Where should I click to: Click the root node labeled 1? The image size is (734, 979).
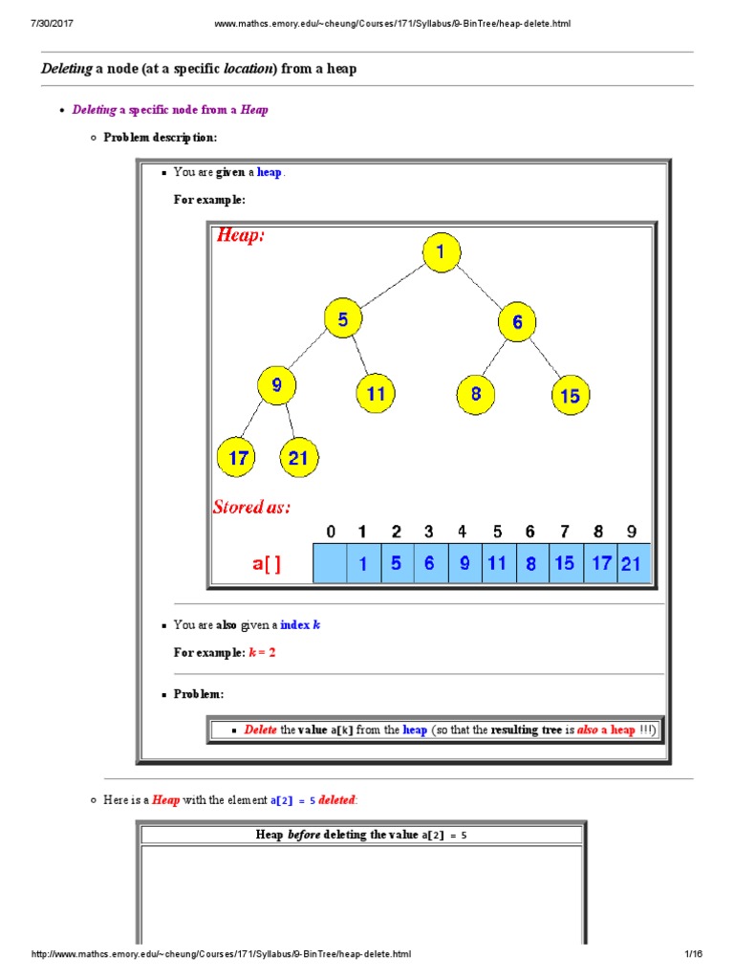[441, 253]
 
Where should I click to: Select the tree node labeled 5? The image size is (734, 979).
[343, 319]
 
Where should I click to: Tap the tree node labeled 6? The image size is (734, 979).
[517, 322]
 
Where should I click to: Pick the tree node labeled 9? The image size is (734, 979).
[277, 386]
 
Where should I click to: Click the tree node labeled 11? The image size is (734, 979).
[376, 393]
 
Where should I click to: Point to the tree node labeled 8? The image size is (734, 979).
[475, 393]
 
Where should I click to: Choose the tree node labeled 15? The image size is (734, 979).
[571, 395]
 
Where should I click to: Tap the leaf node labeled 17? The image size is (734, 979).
[237, 457]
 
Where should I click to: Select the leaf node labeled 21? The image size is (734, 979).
[298, 457]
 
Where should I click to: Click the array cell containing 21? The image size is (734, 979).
[633, 564]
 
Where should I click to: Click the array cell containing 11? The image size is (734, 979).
[497, 564]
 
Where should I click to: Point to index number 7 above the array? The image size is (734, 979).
[565, 532]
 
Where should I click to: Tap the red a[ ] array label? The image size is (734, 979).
[267, 565]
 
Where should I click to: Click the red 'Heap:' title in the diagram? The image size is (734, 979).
[241, 235]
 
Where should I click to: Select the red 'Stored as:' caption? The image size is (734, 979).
[251, 507]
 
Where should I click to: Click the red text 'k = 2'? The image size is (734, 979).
[262, 652]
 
